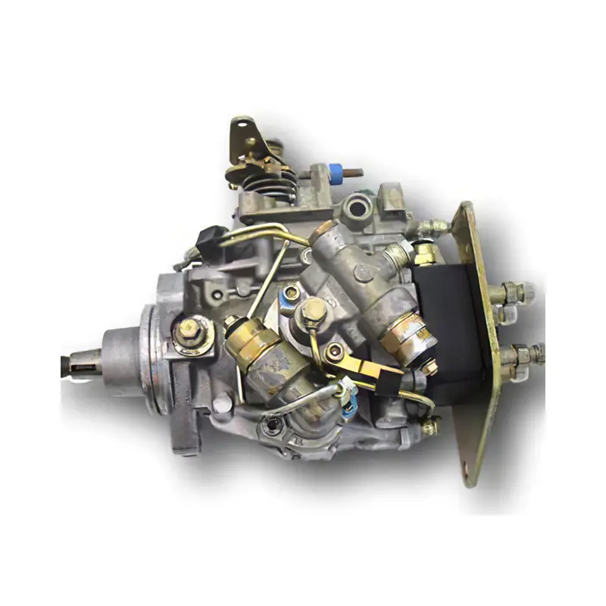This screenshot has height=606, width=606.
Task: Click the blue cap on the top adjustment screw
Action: point(336,170)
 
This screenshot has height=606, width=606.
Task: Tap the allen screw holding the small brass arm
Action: point(334,350)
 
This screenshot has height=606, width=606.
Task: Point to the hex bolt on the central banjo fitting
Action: point(312,308)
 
